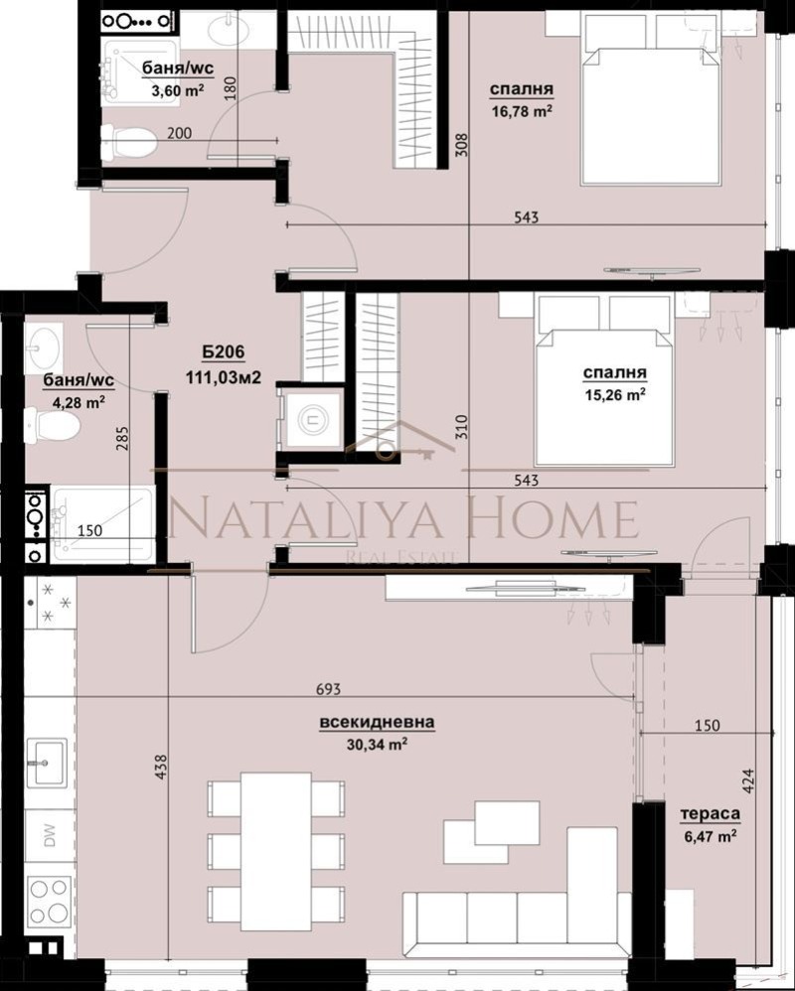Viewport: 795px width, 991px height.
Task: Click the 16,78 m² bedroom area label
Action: (521, 111)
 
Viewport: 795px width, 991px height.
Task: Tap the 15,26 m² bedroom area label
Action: (615, 393)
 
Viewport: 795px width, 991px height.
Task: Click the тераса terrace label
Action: (710, 814)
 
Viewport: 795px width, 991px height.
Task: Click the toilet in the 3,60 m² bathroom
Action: (130, 141)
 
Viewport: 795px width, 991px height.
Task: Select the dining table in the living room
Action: (276, 850)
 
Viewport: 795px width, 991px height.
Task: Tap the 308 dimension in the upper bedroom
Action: (460, 147)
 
